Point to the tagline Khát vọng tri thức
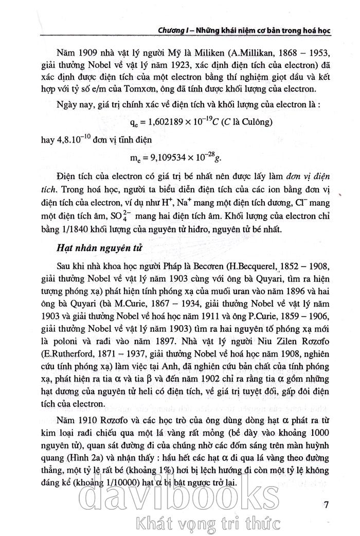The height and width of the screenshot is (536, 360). coord(205,523)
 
